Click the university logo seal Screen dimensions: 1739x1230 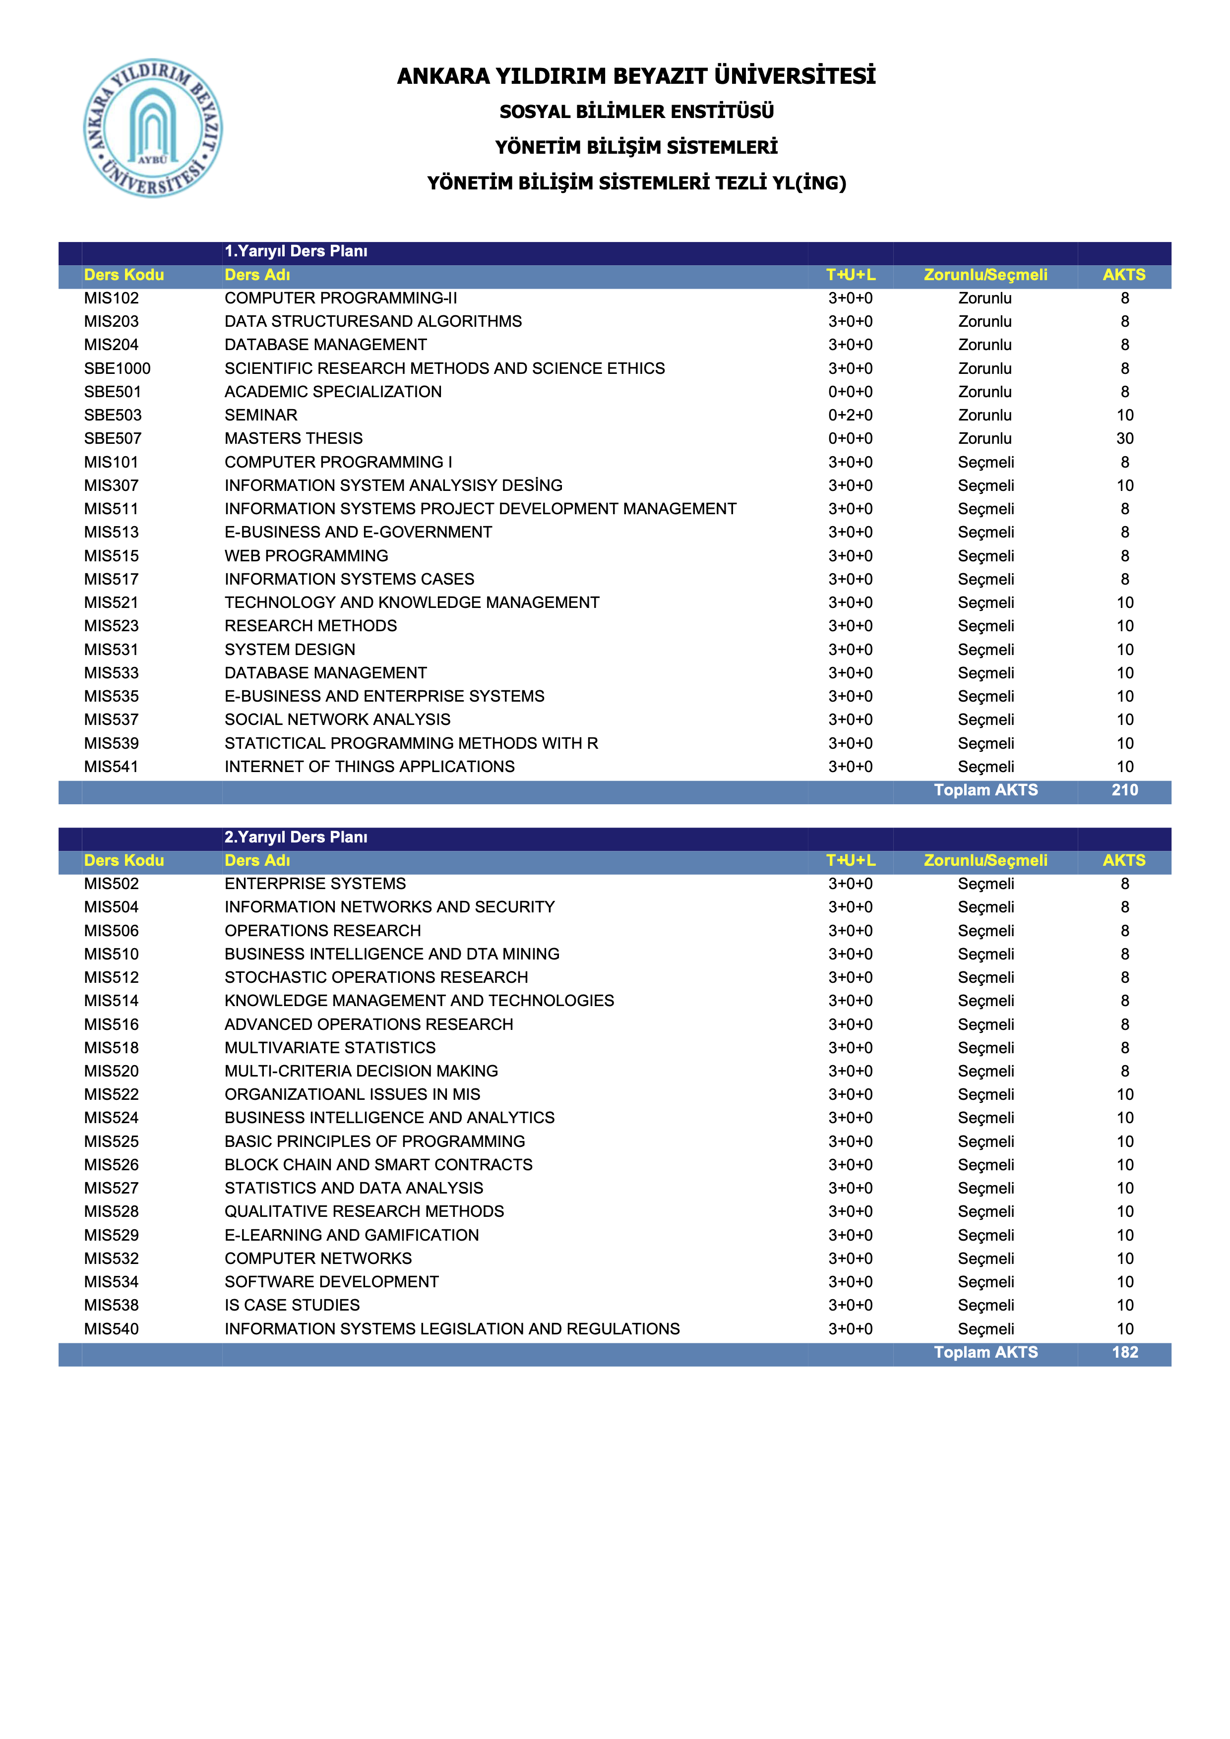153,128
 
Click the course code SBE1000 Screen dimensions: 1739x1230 118,368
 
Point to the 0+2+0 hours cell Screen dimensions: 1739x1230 850,415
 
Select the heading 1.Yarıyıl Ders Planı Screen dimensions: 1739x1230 296,251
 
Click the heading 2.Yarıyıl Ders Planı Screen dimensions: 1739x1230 296,837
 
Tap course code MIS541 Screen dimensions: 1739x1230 111,767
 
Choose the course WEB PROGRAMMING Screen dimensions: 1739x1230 306,556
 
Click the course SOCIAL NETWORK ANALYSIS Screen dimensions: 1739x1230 337,720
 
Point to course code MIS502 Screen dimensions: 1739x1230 111,884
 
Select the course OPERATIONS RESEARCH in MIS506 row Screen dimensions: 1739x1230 323,931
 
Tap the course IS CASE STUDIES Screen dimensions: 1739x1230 292,1305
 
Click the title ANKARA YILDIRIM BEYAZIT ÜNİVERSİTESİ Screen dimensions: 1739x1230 636,76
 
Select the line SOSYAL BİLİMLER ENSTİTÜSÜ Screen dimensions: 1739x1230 636,112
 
